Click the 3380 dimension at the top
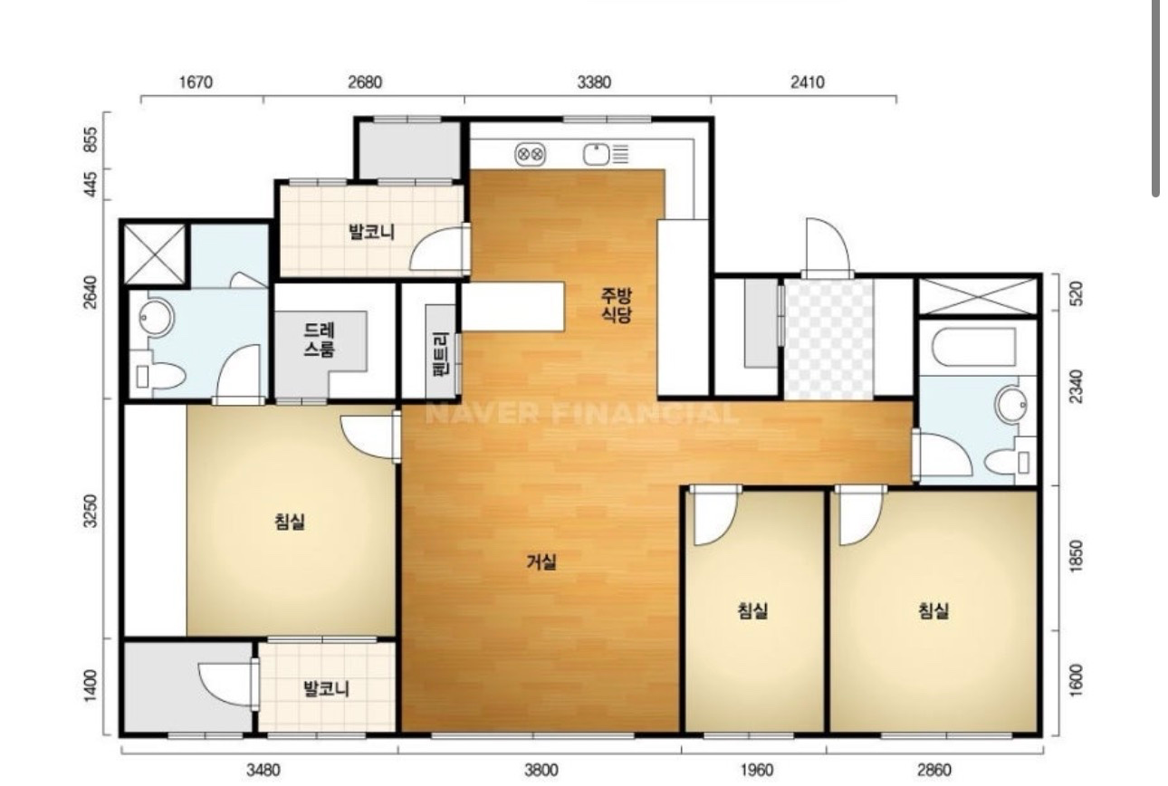[x=594, y=82]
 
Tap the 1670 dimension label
[x=196, y=82]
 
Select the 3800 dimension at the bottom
[x=541, y=770]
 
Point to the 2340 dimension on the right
[x=1076, y=387]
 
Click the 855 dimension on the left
[x=91, y=139]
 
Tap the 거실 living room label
[x=541, y=561]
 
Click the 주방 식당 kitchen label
[x=616, y=305]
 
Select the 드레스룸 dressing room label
[x=319, y=340]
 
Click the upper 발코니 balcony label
[x=372, y=232]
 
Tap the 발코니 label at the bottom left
[x=327, y=689]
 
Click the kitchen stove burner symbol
[x=531, y=154]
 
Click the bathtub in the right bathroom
[x=974, y=348]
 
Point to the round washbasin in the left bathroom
[x=155, y=318]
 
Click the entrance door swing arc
[x=828, y=245]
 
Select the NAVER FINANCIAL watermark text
[x=582, y=415]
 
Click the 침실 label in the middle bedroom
[x=753, y=610]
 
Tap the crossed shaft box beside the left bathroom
[x=155, y=254]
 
